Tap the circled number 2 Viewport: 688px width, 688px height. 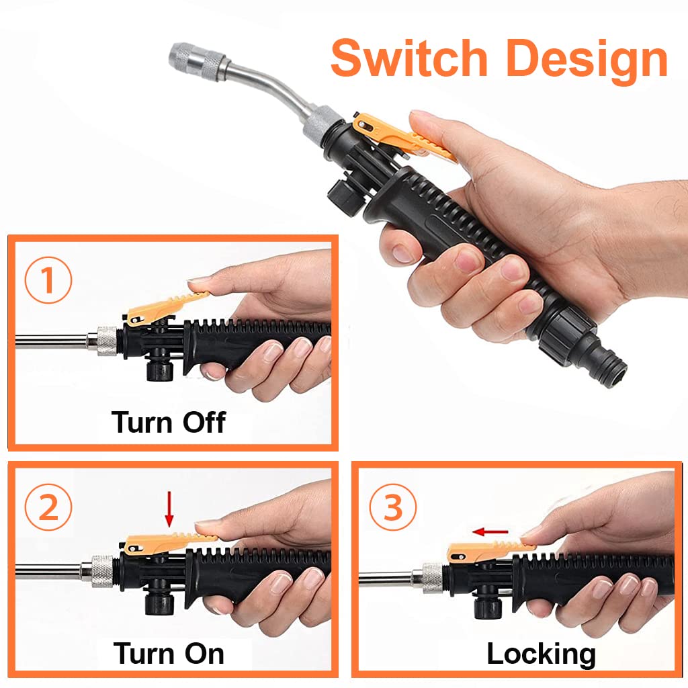[48, 509]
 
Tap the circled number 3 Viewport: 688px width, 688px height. [393, 509]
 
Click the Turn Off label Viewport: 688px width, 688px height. [169, 422]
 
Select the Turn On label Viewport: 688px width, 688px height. [169, 653]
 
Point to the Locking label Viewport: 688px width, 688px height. [541, 653]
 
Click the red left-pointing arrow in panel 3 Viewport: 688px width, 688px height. [490, 532]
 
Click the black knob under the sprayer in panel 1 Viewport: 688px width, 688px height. [159, 367]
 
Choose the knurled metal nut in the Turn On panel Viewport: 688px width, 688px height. [103, 570]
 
